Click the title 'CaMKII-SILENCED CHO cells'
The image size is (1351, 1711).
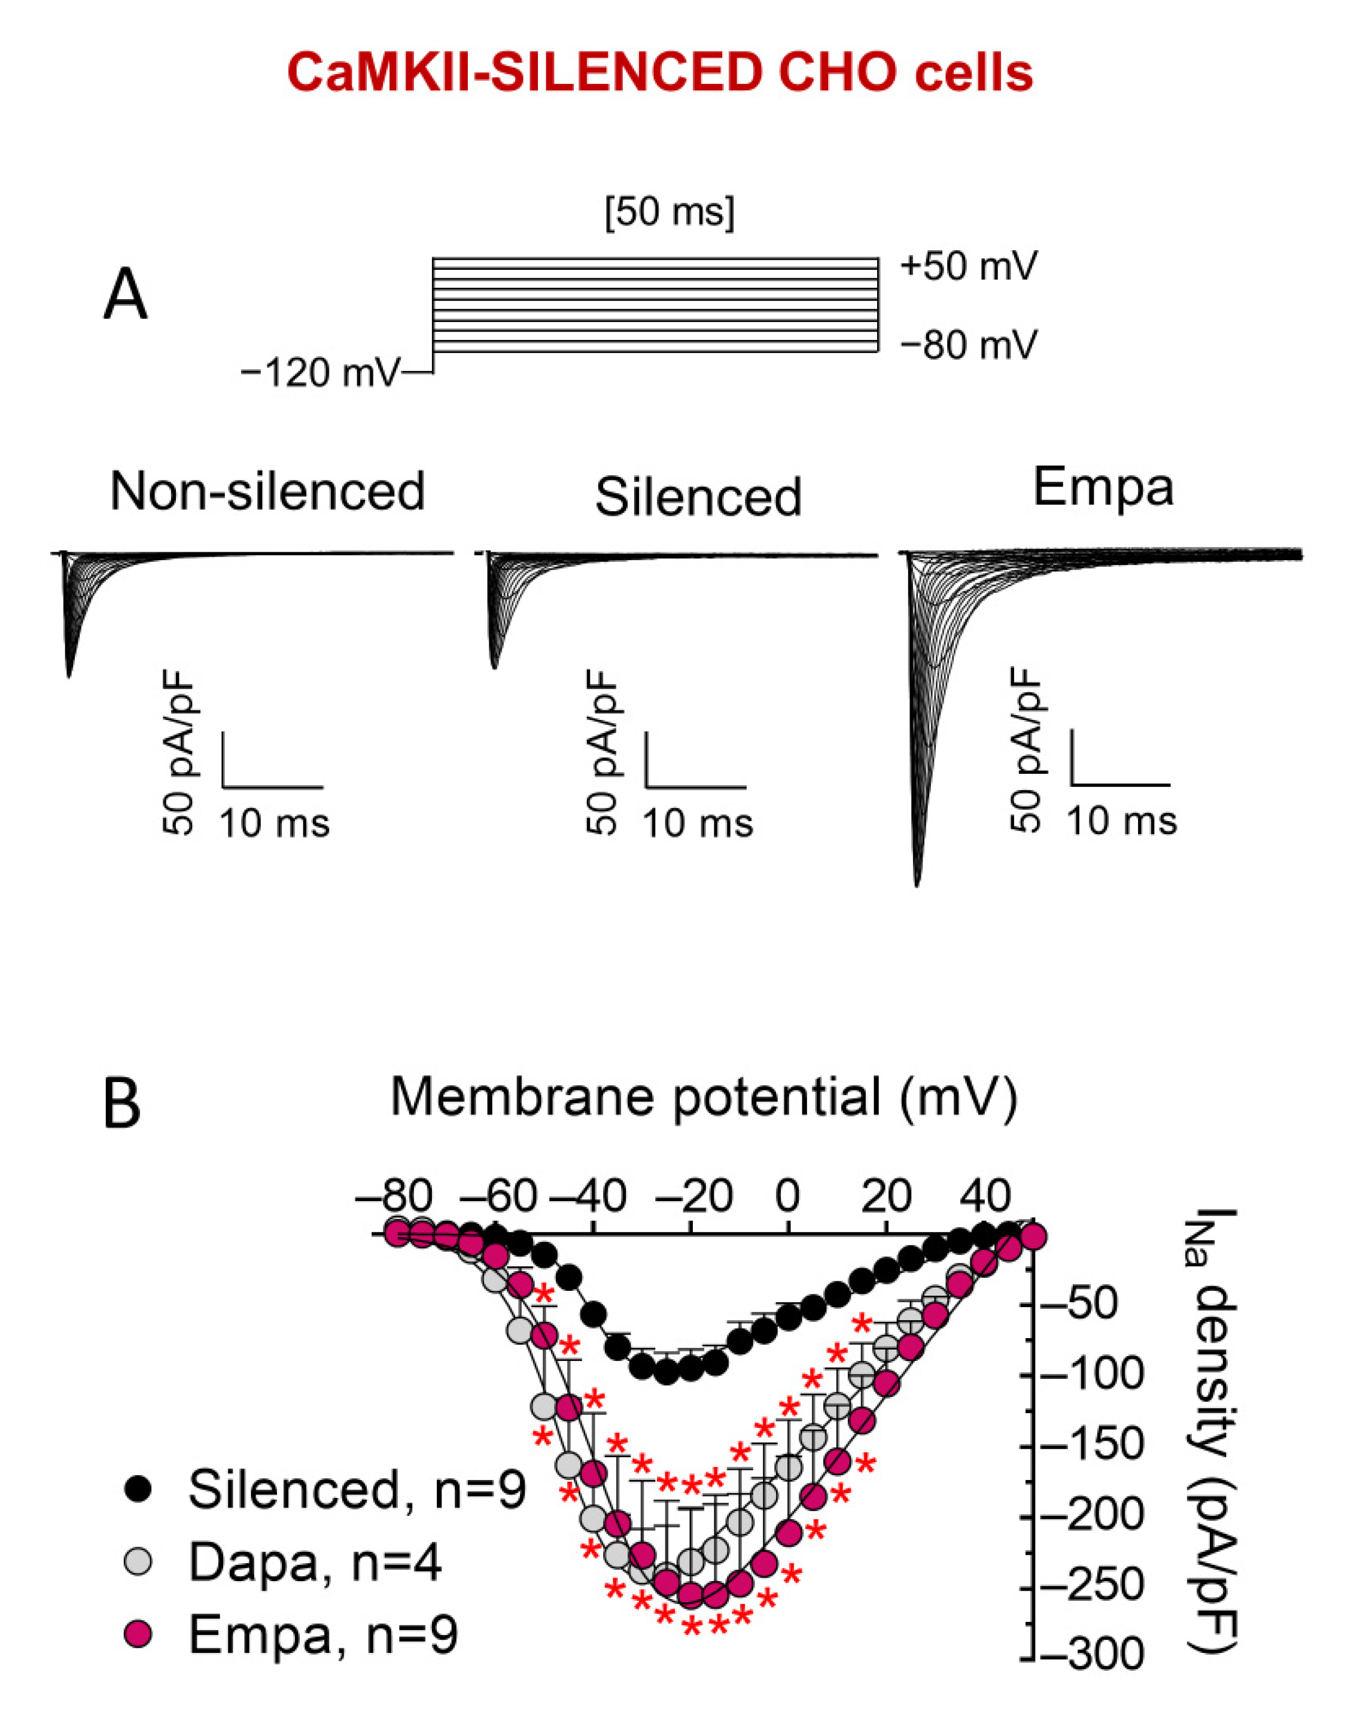tap(660, 74)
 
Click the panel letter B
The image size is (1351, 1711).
tap(122, 1105)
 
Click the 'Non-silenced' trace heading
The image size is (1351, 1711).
tap(267, 491)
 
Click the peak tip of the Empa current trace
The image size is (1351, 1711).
tap(917, 885)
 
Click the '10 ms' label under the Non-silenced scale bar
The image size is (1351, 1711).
tap(273, 824)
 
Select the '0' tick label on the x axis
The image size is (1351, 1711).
tap(788, 1197)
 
